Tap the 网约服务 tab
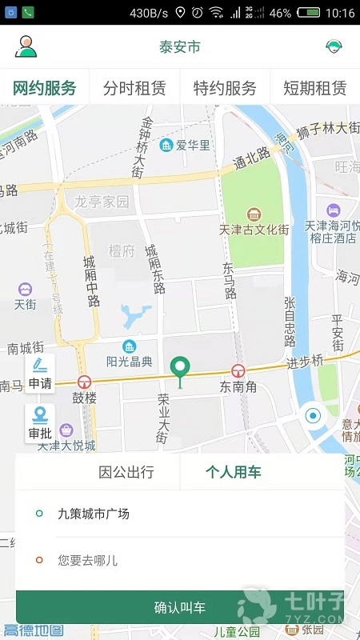(45, 88)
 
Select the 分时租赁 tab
(135, 88)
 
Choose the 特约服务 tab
(225, 88)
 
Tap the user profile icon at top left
(26, 47)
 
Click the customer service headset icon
(334, 47)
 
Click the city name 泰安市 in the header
(179, 47)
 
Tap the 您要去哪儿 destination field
(88, 561)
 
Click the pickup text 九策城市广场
(94, 514)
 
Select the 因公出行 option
(126, 472)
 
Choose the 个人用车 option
(234, 472)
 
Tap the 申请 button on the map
(40, 374)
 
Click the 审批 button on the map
(40, 423)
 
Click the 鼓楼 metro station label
(84, 397)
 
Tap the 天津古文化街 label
(253, 230)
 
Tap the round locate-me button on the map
(313, 416)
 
